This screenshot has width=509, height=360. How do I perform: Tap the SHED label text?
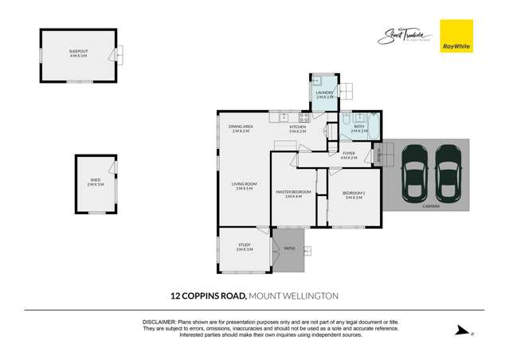tap(95, 182)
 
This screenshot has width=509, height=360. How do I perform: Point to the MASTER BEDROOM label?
tap(293, 193)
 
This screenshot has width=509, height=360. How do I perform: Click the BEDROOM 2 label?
tap(353, 194)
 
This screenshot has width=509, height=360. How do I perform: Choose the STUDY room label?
tap(244, 247)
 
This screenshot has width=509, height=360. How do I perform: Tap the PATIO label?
tap(289, 248)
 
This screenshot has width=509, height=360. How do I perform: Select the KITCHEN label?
tap(297, 128)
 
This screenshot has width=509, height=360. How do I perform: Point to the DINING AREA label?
tap(241, 128)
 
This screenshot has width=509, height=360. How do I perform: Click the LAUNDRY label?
tap(324, 94)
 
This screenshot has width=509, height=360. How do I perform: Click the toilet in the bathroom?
tap(347, 116)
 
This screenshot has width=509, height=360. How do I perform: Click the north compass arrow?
tap(460, 331)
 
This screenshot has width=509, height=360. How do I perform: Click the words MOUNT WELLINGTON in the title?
tap(294, 295)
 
